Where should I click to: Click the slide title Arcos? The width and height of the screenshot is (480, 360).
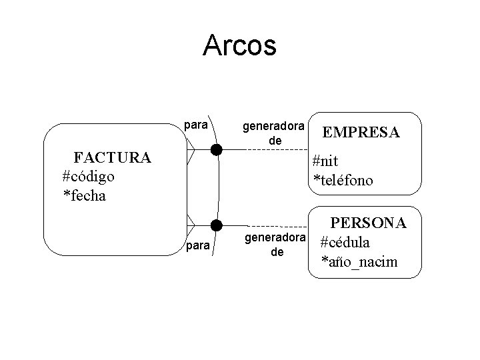click(239, 45)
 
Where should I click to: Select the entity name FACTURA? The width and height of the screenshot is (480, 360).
click(113, 158)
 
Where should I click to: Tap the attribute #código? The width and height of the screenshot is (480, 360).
click(88, 177)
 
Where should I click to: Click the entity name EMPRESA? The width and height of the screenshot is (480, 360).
click(361, 133)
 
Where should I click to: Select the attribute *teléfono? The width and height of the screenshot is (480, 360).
click(343, 180)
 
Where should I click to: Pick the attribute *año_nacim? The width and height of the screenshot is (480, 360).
click(359, 261)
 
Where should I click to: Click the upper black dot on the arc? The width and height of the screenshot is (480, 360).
click(216, 149)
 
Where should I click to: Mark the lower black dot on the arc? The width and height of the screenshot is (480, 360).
click(216, 223)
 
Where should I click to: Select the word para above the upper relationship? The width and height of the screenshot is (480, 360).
click(195, 125)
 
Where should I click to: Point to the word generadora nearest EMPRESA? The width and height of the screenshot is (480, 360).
click(273, 125)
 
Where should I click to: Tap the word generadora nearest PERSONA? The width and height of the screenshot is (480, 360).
click(276, 237)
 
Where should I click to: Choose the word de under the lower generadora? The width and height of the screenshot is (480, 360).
click(277, 253)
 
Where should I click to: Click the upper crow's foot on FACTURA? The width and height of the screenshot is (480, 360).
click(191, 150)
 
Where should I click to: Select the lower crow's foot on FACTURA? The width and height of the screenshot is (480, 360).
click(191, 223)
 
